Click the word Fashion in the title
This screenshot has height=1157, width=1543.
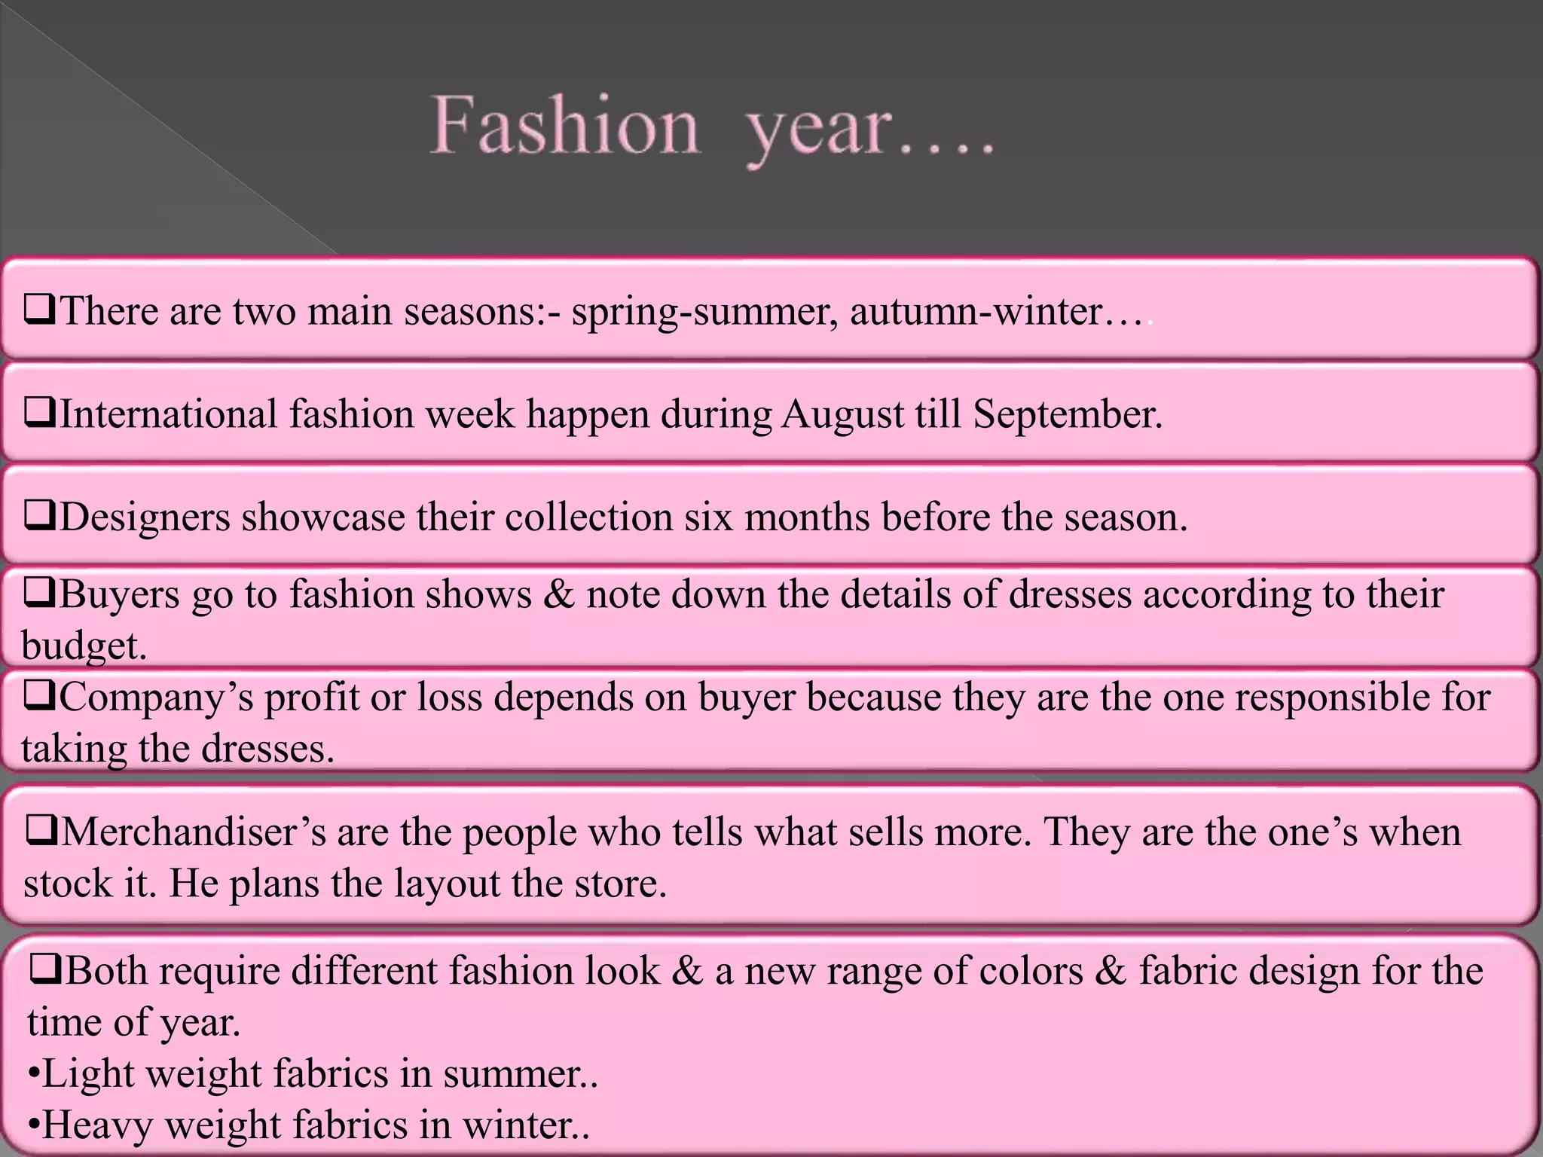tap(564, 125)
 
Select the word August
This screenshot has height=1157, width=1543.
tap(842, 415)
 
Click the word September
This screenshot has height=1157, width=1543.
tap(1067, 415)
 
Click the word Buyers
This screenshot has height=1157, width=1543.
tap(119, 594)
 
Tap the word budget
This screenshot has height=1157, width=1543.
tap(83, 646)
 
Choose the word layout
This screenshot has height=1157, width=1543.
tap(447, 884)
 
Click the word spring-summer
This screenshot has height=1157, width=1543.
tap(704, 312)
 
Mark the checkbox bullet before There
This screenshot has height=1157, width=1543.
tap(38, 309)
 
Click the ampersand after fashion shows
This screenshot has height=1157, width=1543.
tap(558, 594)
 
